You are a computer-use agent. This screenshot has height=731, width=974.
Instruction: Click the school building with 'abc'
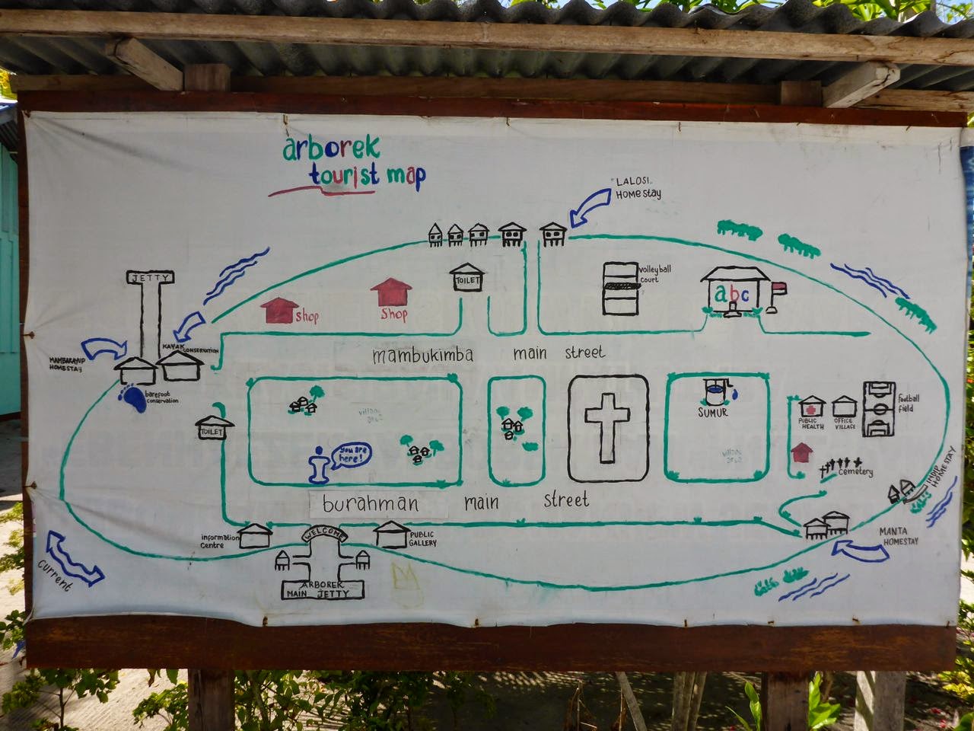point(734,292)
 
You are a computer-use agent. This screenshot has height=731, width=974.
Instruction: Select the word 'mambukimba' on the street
point(423,355)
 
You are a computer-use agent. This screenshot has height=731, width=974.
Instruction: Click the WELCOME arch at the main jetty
point(325,535)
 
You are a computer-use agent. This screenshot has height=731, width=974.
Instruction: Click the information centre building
point(256,536)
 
